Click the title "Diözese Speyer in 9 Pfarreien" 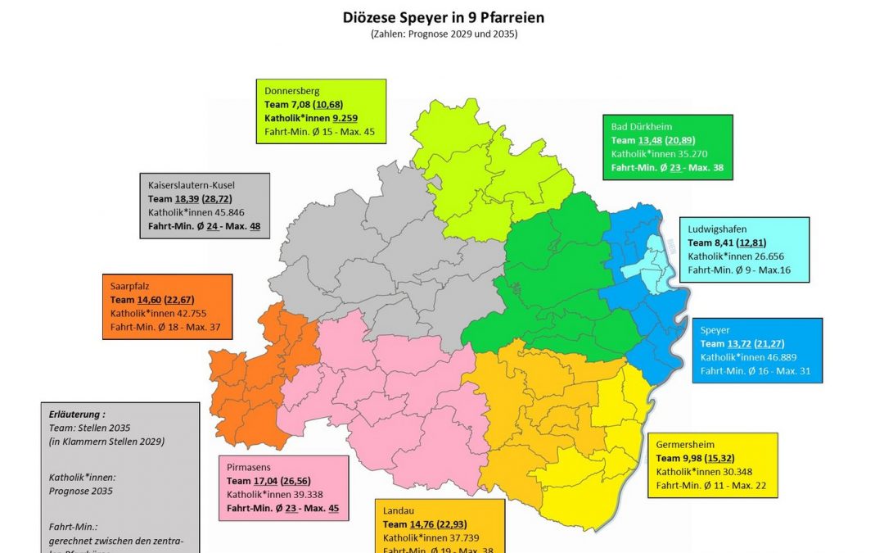[441, 17]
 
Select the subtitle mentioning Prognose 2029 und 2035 [441, 34]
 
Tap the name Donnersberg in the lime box [292, 91]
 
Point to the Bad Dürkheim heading [643, 127]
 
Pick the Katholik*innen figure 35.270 [689, 153]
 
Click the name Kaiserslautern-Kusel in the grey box [196, 185]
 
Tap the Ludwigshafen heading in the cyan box [717, 229]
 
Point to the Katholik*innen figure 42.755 [187, 314]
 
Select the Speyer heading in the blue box [715, 330]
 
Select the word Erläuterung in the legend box [75, 415]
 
